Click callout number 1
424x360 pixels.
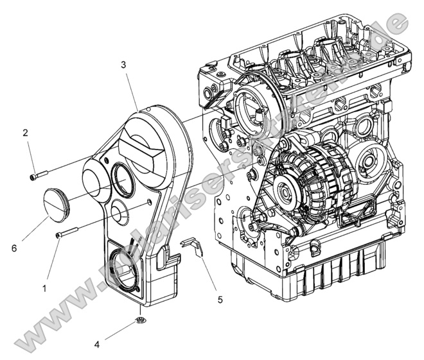[x=45, y=270]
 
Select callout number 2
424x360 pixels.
[x=25, y=133]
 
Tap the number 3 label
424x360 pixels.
[x=123, y=65]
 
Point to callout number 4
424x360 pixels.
[x=97, y=344]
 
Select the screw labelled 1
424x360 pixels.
[x=67, y=234]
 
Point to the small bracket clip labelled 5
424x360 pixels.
[x=191, y=246]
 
